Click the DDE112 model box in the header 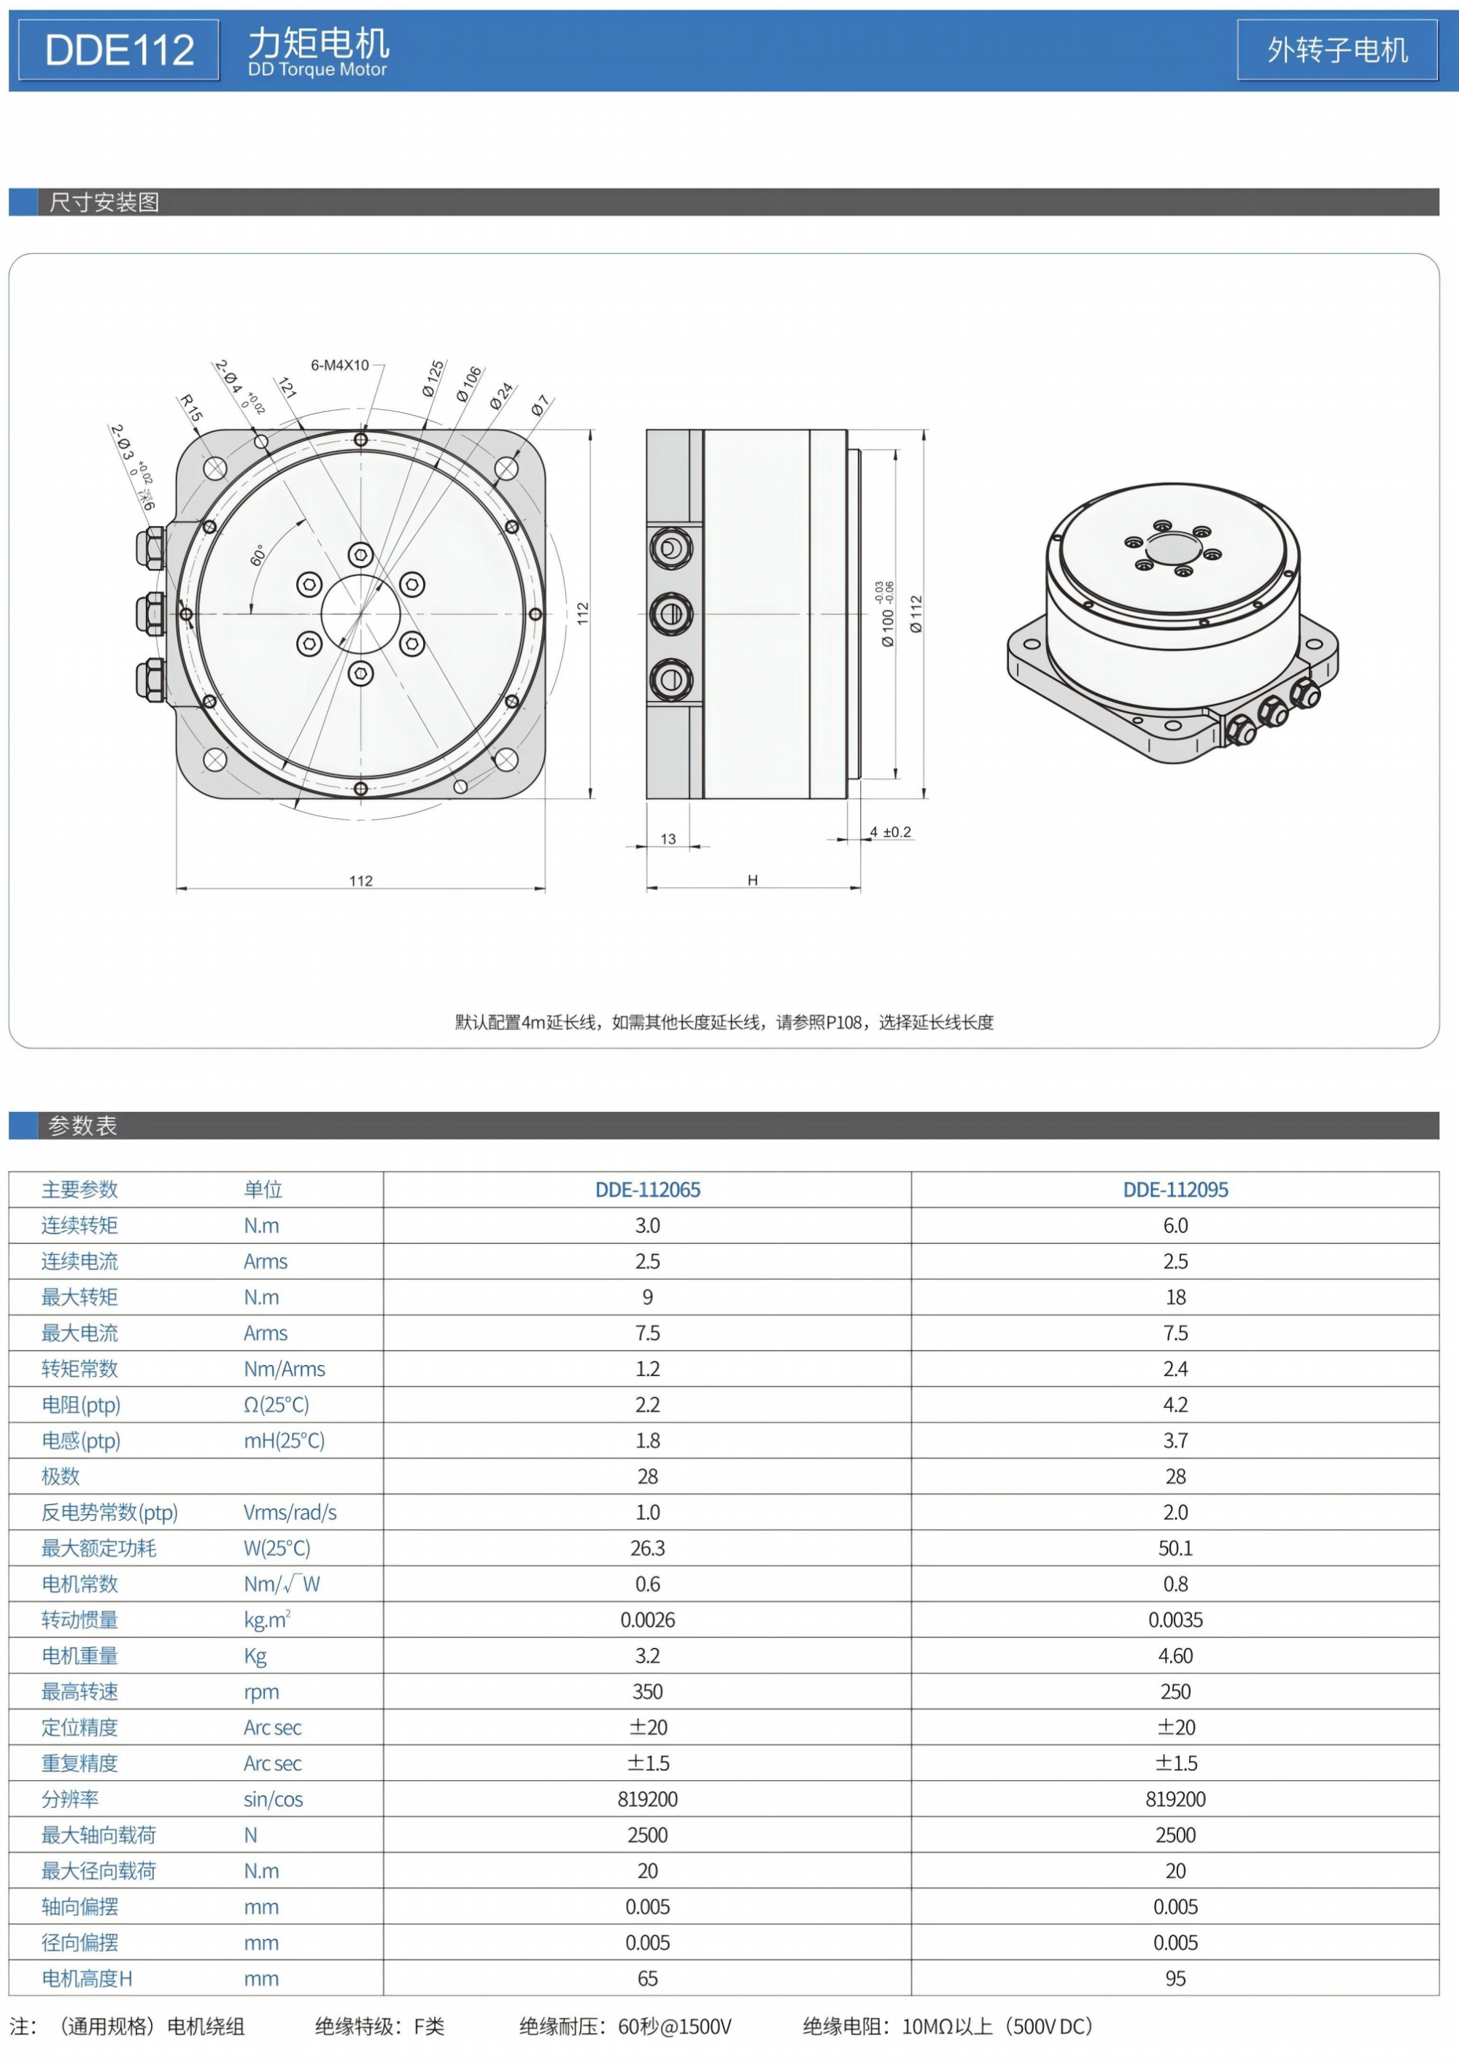click(x=119, y=50)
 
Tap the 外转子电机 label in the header click(x=1336, y=50)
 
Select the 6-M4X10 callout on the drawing click(x=339, y=365)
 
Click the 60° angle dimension click(x=258, y=555)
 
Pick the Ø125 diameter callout click(x=433, y=379)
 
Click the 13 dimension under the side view click(x=667, y=839)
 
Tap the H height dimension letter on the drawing click(x=752, y=880)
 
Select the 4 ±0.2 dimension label click(x=890, y=832)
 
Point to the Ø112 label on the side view click(x=916, y=614)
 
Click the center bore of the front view click(x=360, y=614)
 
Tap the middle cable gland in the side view click(x=670, y=614)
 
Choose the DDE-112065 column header click(x=647, y=1190)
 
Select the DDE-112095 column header click(x=1174, y=1190)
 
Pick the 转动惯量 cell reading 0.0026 click(x=647, y=1620)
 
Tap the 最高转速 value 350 click(x=647, y=1692)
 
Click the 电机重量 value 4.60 click(x=1174, y=1656)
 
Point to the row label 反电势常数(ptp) click(x=110, y=1512)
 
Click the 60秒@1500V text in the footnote click(x=674, y=2027)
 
